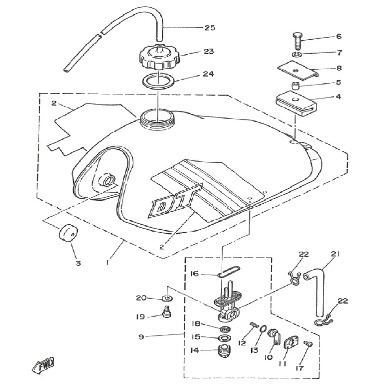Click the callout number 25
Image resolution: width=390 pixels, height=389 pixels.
click(210, 28)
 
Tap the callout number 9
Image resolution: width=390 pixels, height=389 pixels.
click(141, 337)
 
